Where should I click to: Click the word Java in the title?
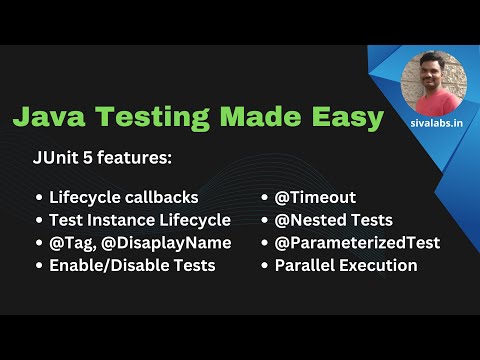pos(48,117)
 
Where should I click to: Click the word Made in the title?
pos(254,117)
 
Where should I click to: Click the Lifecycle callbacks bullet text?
pos(123,197)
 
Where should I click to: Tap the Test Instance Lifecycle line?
pos(139,220)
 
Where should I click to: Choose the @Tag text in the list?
pos(70,243)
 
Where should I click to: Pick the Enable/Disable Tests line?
pos(131,266)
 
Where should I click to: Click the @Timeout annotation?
pos(315,197)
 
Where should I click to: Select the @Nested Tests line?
pos(333,220)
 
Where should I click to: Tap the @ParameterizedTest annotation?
pos(357,243)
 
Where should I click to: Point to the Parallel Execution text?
pos(345,266)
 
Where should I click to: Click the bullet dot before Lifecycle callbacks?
pos(38,198)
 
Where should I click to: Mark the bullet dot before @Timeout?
pos(264,198)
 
